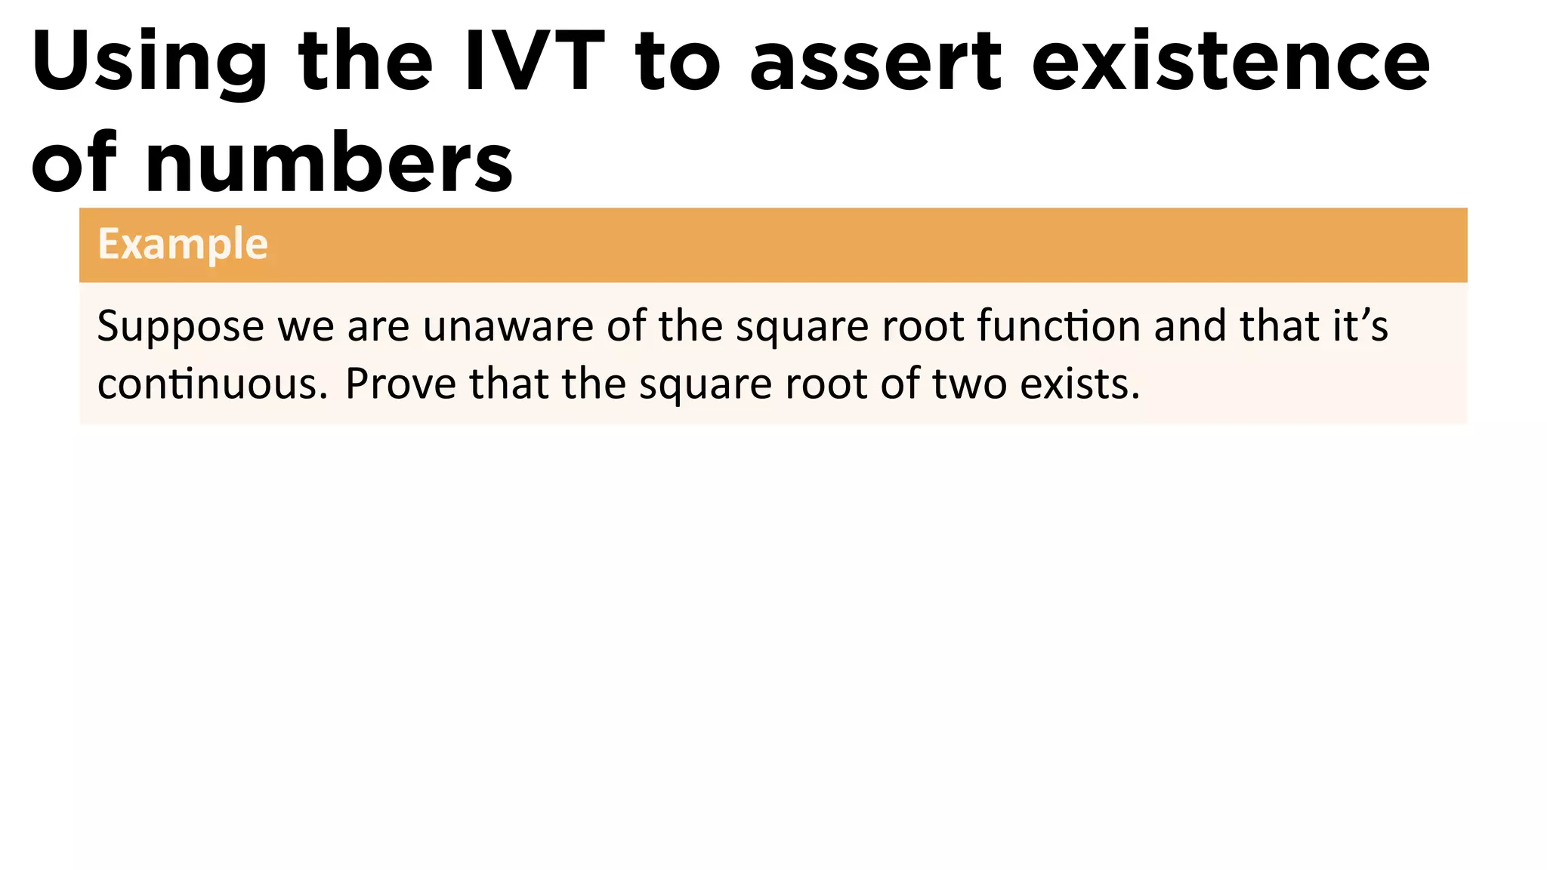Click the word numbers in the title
pos(329,162)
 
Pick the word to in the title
pos(678,62)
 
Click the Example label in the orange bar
pos(183,245)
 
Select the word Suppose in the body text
pos(181,328)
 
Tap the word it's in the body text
pos(1360,326)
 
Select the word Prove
pos(401,384)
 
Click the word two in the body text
pos(969,384)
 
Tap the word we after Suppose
pos(305,328)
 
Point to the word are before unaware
pos(378,328)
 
